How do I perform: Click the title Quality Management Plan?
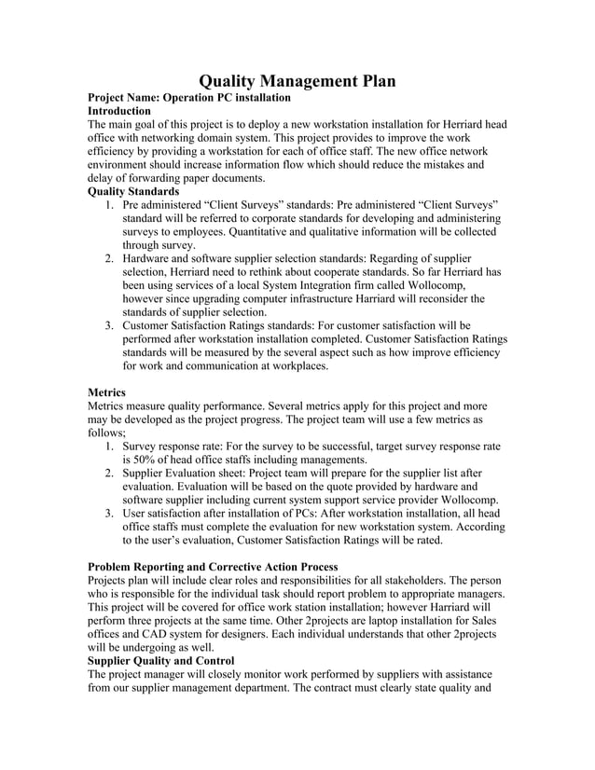[297, 81]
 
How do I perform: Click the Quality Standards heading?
[133, 190]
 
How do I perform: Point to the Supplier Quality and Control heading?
[160, 661]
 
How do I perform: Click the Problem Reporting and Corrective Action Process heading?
[212, 567]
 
